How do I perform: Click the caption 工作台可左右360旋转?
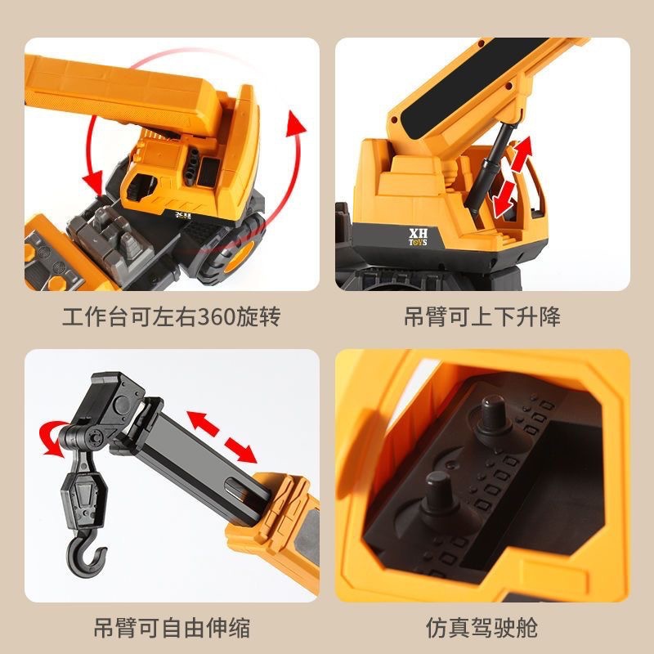pyautogui.click(x=172, y=316)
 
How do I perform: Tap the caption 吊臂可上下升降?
pyautogui.click(x=482, y=316)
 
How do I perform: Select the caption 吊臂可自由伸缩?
pyautogui.click(x=172, y=628)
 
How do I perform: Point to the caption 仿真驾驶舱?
pyautogui.click(x=482, y=628)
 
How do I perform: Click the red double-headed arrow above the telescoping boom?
pyautogui.click(x=221, y=437)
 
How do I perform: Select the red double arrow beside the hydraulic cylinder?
pyautogui.click(x=513, y=177)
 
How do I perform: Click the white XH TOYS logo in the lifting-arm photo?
pyautogui.click(x=418, y=237)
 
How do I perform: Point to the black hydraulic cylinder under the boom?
pyautogui.click(x=489, y=169)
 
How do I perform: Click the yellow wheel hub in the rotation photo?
pyautogui.click(x=239, y=258)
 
